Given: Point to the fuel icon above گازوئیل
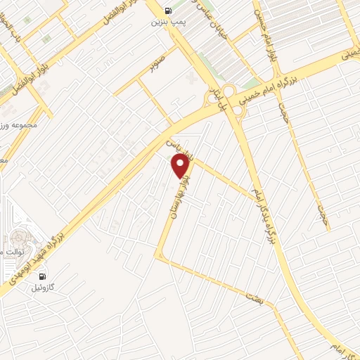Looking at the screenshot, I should (44, 276).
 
